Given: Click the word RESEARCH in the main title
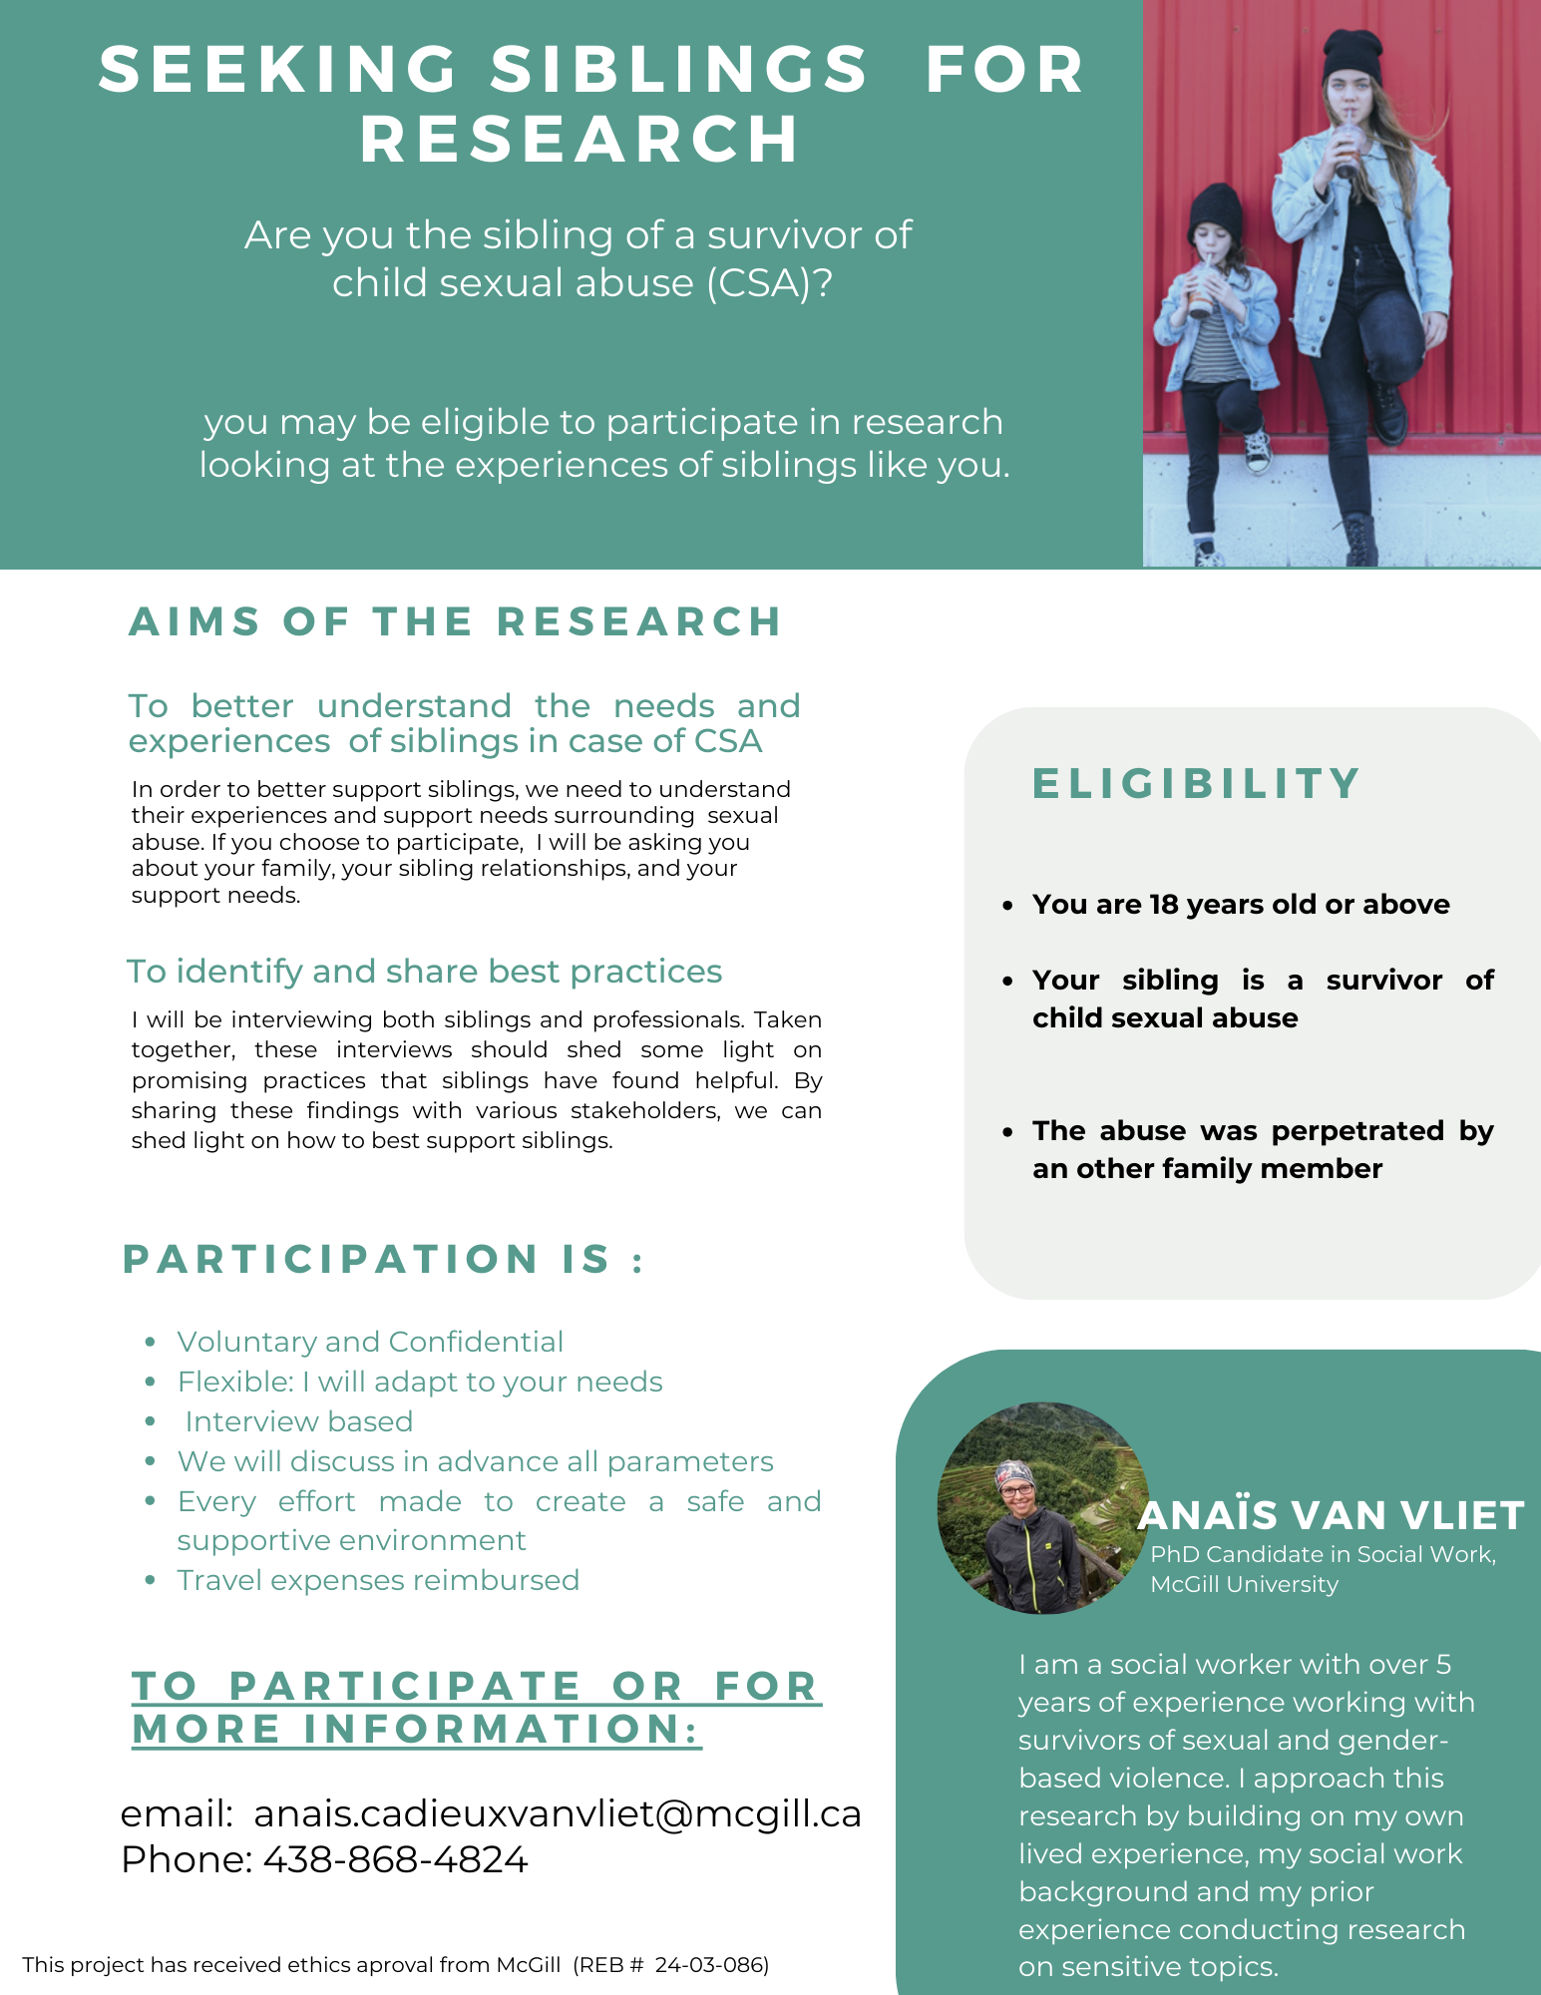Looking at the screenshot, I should click(580, 139).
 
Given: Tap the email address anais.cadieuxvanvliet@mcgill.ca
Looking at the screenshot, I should click(558, 1813).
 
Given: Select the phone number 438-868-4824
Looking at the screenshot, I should click(395, 1859).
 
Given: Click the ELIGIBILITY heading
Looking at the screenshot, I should click(1196, 783).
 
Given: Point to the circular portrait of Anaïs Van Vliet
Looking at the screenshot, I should click(1041, 1507).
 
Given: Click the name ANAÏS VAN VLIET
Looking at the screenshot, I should click(1331, 1515).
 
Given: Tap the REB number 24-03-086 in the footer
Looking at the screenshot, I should click(711, 1965).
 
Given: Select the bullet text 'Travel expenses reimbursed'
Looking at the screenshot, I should click(378, 1580).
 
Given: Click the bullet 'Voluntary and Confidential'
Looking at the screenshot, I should click(370, 1342).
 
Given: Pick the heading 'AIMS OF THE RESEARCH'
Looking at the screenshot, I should click(455, 621).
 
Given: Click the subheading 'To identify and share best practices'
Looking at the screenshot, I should click(424, 971).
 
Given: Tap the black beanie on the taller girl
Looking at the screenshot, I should click(1351, 57).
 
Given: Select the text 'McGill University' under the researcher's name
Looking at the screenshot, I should click(1244, 1584).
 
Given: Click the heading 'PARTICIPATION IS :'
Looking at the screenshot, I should click(383, 1259).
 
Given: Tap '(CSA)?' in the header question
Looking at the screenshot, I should click(769, 283).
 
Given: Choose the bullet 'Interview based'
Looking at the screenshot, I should click(298, 1421).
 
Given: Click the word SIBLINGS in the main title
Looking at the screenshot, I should click(680, 70).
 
